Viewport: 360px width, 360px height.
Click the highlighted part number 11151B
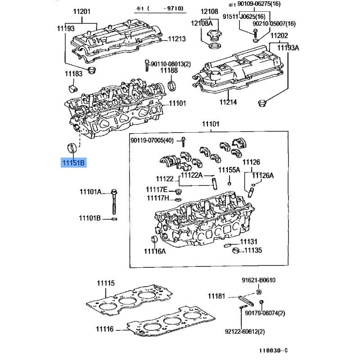(74, 163)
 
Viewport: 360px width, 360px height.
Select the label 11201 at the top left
(82, 12)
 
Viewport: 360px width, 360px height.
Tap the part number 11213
(176, 39)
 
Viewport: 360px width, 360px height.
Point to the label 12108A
(202, 23)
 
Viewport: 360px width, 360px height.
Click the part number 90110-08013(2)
(171, 64)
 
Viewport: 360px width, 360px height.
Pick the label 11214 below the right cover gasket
(228, 102)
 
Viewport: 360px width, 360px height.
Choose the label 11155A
(229, 170)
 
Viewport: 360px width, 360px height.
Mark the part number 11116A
(155, 251)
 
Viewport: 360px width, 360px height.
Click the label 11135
(253, 250)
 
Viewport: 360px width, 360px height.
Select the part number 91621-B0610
(258, 280)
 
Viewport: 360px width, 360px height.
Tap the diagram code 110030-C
(273, 351)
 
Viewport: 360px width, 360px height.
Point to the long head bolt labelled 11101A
(114, 202)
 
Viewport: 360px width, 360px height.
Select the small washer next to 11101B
(114, 219)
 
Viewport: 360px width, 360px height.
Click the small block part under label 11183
(73, 88)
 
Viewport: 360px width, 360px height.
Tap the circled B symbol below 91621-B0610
(258, 292)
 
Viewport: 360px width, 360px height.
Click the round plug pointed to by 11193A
(261, 103)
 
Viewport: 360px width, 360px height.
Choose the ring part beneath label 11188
(172, 86)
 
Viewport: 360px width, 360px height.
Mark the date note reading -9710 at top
(173, 9)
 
